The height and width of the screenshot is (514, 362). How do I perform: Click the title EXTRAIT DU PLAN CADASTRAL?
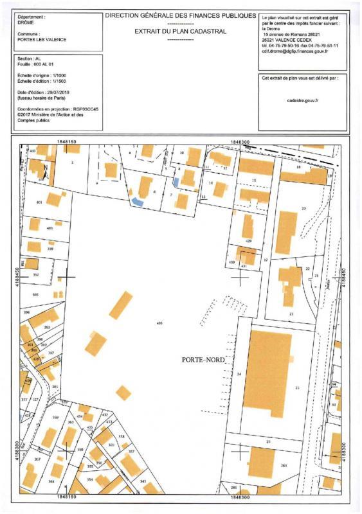pyautogui.click(x=180, y=31)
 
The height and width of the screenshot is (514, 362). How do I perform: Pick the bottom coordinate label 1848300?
pyautogui.click(x=239, y=497)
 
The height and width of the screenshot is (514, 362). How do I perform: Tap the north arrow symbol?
pyautogui.click(x=46, y=170)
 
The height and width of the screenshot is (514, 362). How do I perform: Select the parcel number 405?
pyautogui.click(x=159, y=323)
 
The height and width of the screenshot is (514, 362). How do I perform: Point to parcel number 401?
pyautogui.click(x=40, y=203)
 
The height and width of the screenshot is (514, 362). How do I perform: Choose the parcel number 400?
pyautogui.click(x=50, y=228)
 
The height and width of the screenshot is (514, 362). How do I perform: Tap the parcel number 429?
pyautogui.click(x=248, y=241)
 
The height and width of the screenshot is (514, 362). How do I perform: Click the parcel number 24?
pyautogui.click(x=239, y=373)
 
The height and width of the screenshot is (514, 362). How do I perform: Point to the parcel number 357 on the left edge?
pyautogui.click(x=36, y=274)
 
